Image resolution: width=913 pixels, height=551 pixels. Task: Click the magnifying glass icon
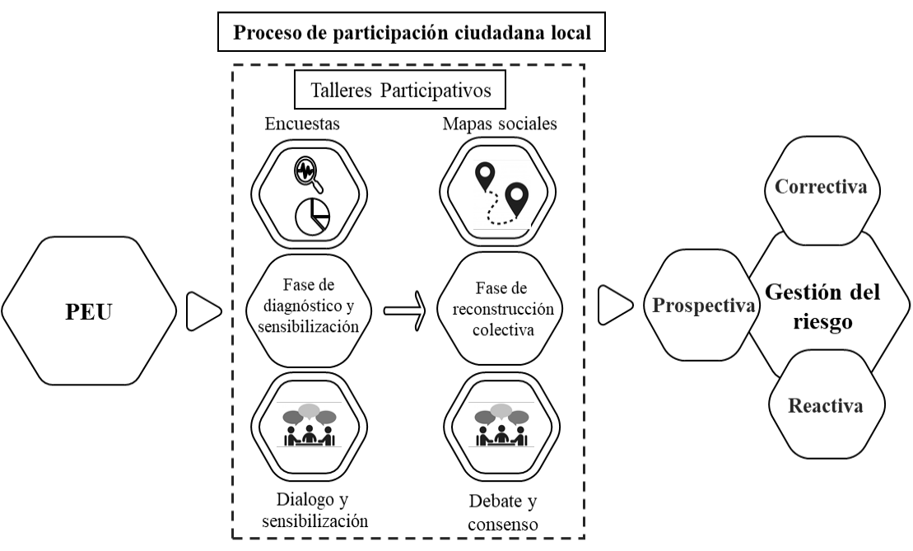[307, 173]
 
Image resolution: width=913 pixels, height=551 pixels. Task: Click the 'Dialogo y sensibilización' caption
[314, 509]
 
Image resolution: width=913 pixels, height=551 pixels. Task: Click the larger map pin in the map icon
[516, 199]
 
